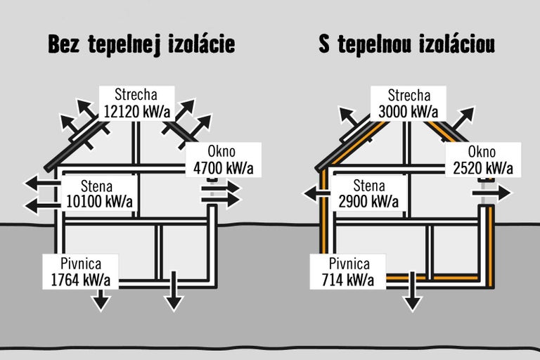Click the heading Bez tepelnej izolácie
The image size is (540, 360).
[141, 44]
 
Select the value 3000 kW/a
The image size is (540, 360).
[409, 111]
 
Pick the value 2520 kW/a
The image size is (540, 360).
[483, 168]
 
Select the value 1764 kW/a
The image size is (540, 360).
[81, 280]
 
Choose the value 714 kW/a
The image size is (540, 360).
[349, 280]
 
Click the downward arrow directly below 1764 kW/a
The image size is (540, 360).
[101, 300]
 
